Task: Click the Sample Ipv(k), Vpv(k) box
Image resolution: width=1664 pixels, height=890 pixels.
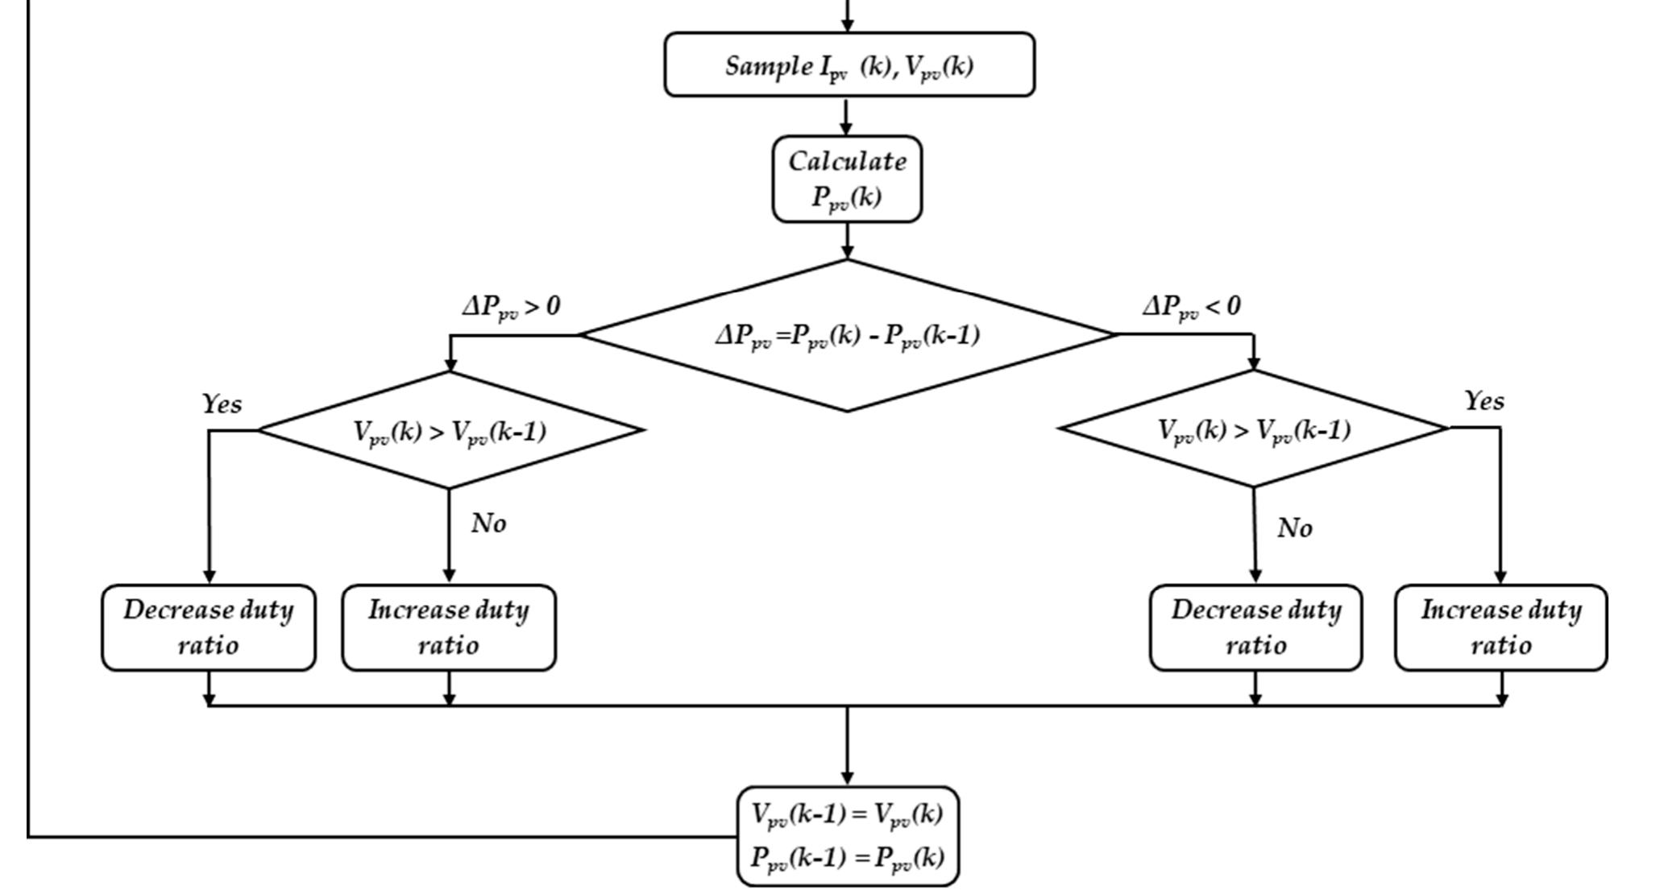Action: (849, 64)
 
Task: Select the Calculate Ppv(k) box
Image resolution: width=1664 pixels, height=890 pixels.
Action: (847, 179)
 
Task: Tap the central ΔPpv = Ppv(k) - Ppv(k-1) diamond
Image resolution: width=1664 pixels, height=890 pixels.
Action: (847, 335)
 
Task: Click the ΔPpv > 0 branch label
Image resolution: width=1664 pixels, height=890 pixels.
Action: (510, 307)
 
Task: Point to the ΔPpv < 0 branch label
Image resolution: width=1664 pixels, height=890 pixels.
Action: (1191, 307)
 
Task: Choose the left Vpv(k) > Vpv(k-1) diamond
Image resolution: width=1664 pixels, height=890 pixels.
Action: (450, 430)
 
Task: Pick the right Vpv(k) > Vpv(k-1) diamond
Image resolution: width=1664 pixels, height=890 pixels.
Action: (1254, 428)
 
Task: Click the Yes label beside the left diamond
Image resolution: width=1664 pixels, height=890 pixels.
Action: (222, 404)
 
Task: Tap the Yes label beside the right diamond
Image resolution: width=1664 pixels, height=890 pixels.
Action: (1483, 400)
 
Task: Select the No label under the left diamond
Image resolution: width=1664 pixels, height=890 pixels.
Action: (488, 524)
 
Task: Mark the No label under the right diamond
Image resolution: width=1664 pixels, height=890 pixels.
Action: (1295, 528)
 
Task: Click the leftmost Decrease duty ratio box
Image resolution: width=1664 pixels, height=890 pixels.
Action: (209, 627)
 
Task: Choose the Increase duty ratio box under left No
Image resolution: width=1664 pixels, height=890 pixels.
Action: (449, 627)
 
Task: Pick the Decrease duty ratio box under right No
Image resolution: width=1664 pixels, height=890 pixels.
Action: (1255, 627)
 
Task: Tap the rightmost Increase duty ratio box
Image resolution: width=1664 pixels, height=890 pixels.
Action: (1500, 627)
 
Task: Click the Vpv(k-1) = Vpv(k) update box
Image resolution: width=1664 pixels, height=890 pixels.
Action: (848, 836)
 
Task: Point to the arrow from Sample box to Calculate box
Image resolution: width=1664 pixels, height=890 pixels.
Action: (846, 116)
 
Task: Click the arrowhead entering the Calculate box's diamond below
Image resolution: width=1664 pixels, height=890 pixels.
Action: (847, 252)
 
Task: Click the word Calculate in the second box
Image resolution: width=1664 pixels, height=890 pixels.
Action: (847, 161)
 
